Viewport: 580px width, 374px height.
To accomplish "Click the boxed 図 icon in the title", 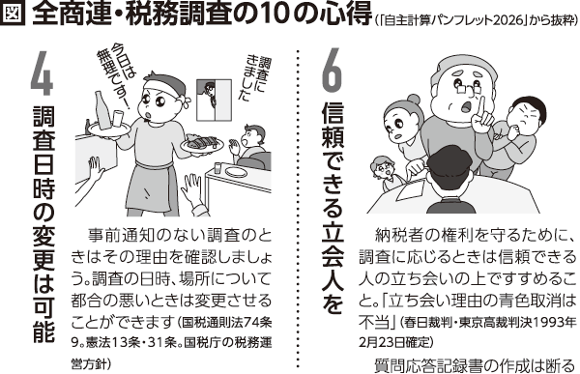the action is pyautogui.click(x=14, y=14).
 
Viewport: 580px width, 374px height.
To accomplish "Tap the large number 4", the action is pyautogui.click(x=42, y=73).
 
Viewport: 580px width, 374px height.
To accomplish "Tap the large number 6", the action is pyautogui.click(x=331, y=70).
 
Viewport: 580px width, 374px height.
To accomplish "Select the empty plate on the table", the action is pyautogui.click(x=238, y=172).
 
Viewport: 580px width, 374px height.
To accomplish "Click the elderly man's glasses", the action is pyautogui.click(x=468, y=88).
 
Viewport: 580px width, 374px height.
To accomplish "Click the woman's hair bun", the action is pyautogui.click(x=413, y=101).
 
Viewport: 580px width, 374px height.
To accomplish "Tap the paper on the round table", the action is pyautogui.click(x=412, y=187).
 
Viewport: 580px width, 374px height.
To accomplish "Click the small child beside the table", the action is pyautogui.click(x=386, y=173).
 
